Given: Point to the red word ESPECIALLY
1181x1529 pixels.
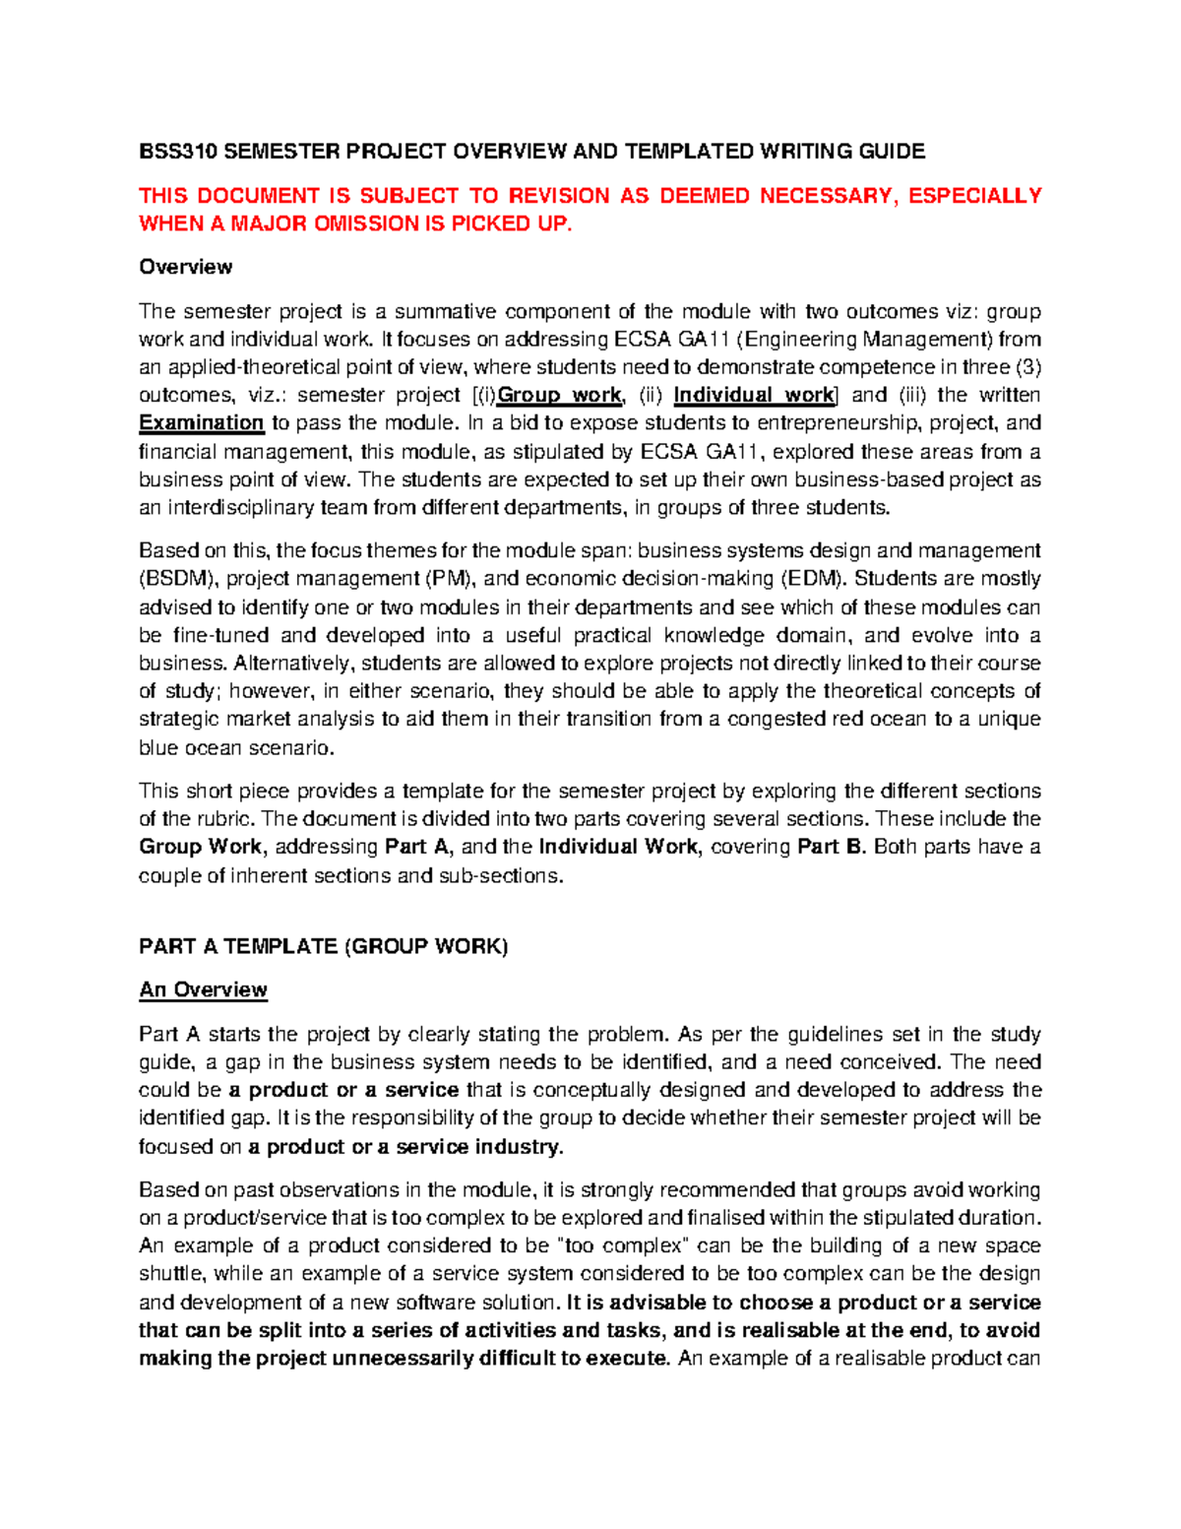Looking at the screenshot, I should pos(974,196).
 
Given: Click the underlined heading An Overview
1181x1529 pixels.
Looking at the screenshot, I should pos(203,989).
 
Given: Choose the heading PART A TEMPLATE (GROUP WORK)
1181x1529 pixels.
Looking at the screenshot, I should pos(324,946).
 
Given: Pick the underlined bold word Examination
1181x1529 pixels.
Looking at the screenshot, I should pos(202,423).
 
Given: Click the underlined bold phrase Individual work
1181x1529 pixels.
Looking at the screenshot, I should pos(754,396).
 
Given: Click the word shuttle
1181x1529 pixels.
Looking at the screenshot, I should pos(171,1274).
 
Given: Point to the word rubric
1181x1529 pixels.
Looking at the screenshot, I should pos(223,819).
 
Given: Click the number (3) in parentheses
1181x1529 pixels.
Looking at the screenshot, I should pos(1026,367).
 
